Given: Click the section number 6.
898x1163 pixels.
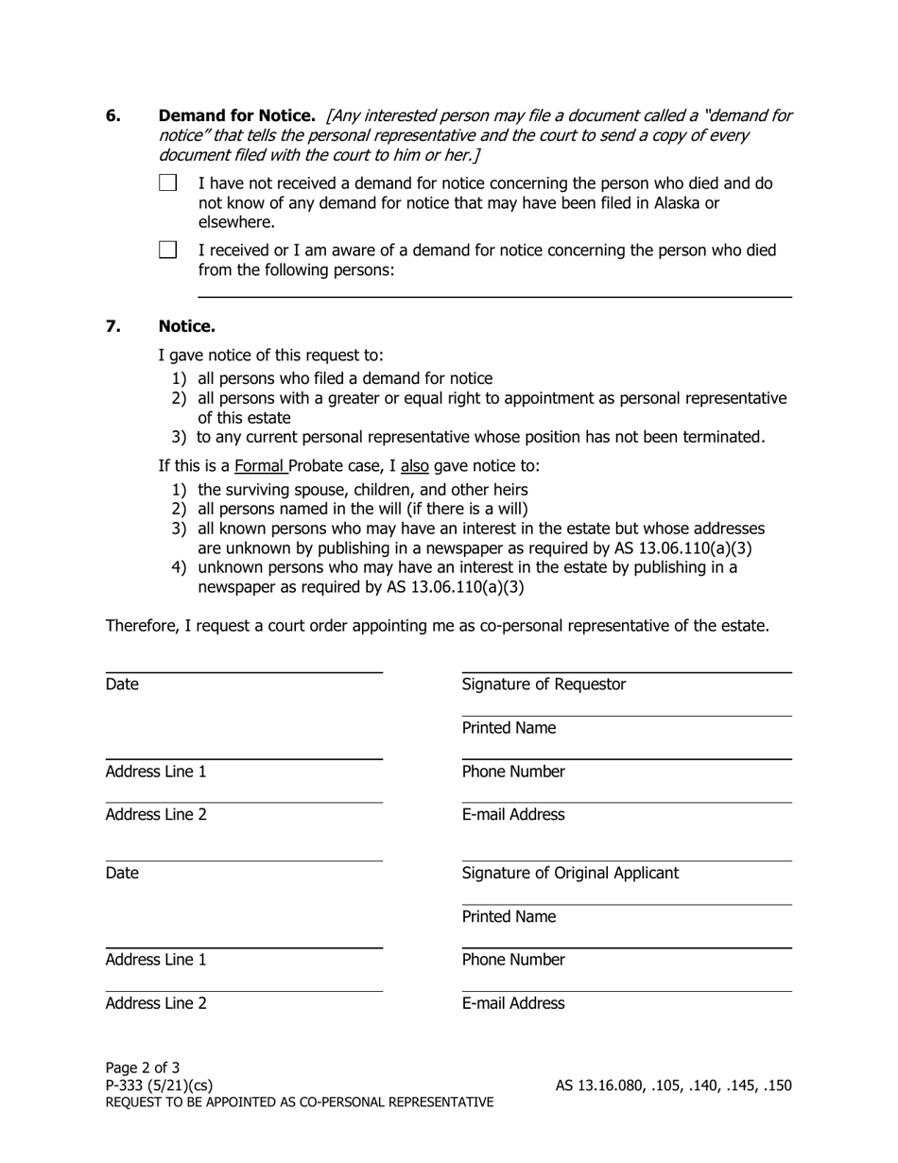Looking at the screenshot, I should click(x=113, y=116).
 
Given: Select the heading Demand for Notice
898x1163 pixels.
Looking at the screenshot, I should click(x=236, y=116).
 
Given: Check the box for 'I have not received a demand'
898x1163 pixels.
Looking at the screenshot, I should click(x=168, y=183).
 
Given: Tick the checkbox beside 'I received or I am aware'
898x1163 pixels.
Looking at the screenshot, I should click(x=168, y=251).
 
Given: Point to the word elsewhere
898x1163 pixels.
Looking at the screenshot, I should click(x=236, y=223).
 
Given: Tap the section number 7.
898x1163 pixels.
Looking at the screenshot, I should click(x=113, y=327).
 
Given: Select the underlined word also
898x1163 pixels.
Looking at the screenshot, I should click(x=414, y=466).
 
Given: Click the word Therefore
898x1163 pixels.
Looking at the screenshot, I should click(x=144, y=626).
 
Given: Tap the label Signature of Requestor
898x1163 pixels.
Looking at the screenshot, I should click(x=544, y=685).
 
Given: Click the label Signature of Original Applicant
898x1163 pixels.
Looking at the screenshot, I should click(x=570, y=874).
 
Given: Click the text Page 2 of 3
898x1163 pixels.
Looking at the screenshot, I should click(x=143, y=1068).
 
